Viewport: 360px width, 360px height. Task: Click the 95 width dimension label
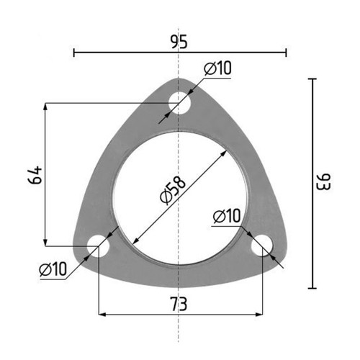179,42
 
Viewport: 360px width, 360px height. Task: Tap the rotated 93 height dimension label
324,181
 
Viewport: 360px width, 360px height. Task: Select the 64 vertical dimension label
35,175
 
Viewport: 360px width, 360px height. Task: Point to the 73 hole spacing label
179,304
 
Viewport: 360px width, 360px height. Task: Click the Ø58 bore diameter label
173,191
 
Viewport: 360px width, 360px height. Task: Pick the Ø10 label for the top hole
217,68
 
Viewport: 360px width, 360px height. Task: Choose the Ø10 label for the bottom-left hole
53,269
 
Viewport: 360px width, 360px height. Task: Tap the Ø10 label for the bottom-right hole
227,216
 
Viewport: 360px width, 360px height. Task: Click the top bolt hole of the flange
179,104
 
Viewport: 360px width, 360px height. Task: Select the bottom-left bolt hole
98,246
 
